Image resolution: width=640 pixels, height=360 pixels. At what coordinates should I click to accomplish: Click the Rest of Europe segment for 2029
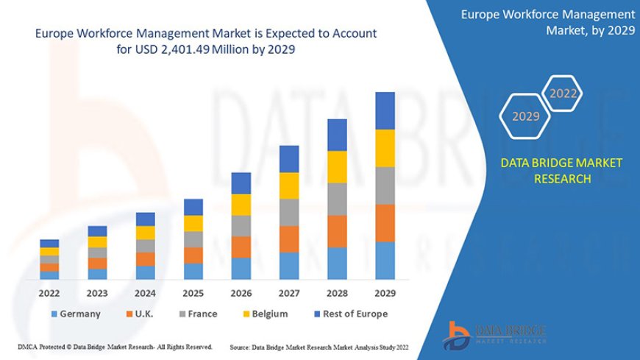click(x=385, y=110)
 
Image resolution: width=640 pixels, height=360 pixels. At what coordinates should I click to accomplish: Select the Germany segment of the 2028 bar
click(x=337, y=263)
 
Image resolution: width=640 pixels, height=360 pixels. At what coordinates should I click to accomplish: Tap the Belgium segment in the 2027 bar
click(x=289, y=186)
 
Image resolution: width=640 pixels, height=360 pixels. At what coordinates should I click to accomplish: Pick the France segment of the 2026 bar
click(x=241, y=225)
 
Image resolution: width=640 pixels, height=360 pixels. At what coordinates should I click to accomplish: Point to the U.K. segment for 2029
click(x=385, y=222)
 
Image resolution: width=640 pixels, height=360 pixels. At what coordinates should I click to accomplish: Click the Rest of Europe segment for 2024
click(x=146, y=219)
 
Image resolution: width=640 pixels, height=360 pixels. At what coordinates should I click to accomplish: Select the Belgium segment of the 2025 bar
click(x=193, y=223)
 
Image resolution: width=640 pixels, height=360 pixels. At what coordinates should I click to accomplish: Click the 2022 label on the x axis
click(x=50, y=293)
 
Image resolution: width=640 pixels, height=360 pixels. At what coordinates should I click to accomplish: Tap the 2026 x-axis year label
click(x=241, y=293)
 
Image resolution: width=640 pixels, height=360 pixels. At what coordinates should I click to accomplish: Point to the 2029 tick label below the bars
click(x=385, y=293)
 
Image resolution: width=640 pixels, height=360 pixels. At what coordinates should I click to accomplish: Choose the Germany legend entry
click(x=76, y=314)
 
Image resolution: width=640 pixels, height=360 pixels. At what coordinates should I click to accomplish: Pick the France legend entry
click(x=196, y=314)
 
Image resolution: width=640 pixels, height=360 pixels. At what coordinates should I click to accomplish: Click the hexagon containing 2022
click(x=563, y=93)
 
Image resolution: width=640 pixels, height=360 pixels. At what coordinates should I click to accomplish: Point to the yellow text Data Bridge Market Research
click(x=561, y=170)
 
